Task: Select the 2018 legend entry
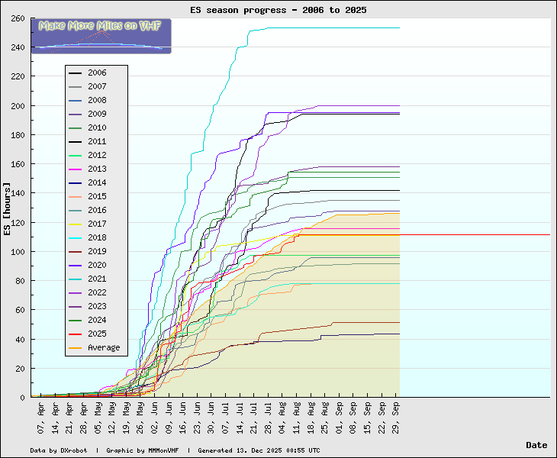[97, 238]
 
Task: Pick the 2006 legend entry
[97, 73]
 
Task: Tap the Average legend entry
[103, 348]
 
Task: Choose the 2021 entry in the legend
[97, 279]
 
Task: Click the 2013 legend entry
[97, 169]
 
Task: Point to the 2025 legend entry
[97, 334]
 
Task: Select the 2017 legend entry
[97, 224]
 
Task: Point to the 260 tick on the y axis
[17, 18]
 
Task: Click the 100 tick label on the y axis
[17, 252]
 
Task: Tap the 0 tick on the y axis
[23, 398]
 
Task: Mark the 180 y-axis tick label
[17, 135]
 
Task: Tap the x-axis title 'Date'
[536, 445]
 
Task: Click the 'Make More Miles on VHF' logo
[101, 36]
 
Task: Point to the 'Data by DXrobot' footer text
[60, 450]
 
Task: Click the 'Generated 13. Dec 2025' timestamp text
[259, 450]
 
